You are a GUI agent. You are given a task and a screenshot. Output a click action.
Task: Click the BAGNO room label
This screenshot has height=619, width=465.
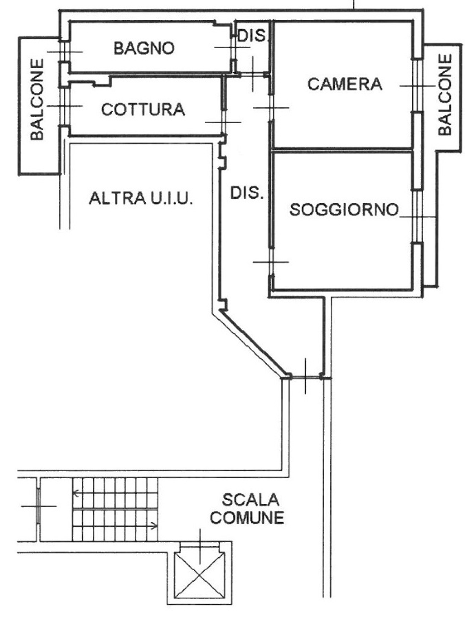144,48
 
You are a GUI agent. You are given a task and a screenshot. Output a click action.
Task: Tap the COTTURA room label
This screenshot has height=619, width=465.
143,109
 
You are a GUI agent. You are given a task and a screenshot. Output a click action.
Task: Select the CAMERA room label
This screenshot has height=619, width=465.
345,85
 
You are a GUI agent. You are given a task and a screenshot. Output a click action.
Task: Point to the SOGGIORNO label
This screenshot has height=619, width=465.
344,209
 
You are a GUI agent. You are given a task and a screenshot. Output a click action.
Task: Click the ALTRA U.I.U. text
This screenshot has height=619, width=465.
141,199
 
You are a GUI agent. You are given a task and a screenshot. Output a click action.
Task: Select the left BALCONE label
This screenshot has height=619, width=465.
36,99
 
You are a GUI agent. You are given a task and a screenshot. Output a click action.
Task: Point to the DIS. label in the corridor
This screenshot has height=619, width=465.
246,193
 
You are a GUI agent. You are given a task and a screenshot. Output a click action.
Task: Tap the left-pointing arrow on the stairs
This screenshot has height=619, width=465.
76,492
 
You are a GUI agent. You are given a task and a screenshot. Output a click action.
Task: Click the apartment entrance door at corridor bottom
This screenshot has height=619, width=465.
305,378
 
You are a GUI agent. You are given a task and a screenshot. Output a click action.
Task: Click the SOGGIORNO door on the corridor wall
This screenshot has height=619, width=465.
271,261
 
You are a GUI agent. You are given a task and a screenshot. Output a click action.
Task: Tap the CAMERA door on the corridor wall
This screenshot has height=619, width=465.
271,107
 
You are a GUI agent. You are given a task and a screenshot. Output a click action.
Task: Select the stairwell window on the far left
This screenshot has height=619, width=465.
39,506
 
